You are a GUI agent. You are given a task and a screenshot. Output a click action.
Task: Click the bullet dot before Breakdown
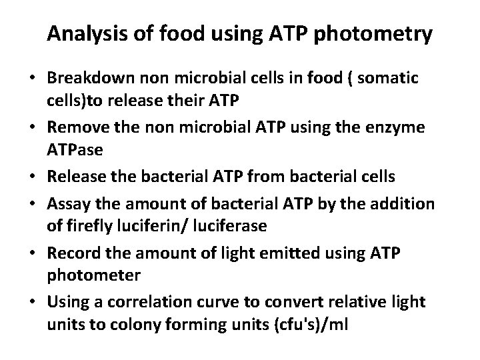(x=32, y=79)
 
